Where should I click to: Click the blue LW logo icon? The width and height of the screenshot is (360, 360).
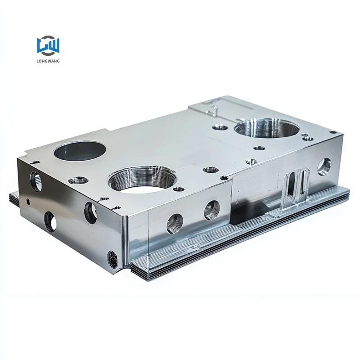[48, 46]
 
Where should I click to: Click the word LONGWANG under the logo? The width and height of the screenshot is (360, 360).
[48, 61]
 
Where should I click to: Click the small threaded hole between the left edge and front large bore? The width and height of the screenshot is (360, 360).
[79, 180]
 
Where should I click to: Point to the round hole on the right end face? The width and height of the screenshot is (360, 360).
[324, 166]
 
